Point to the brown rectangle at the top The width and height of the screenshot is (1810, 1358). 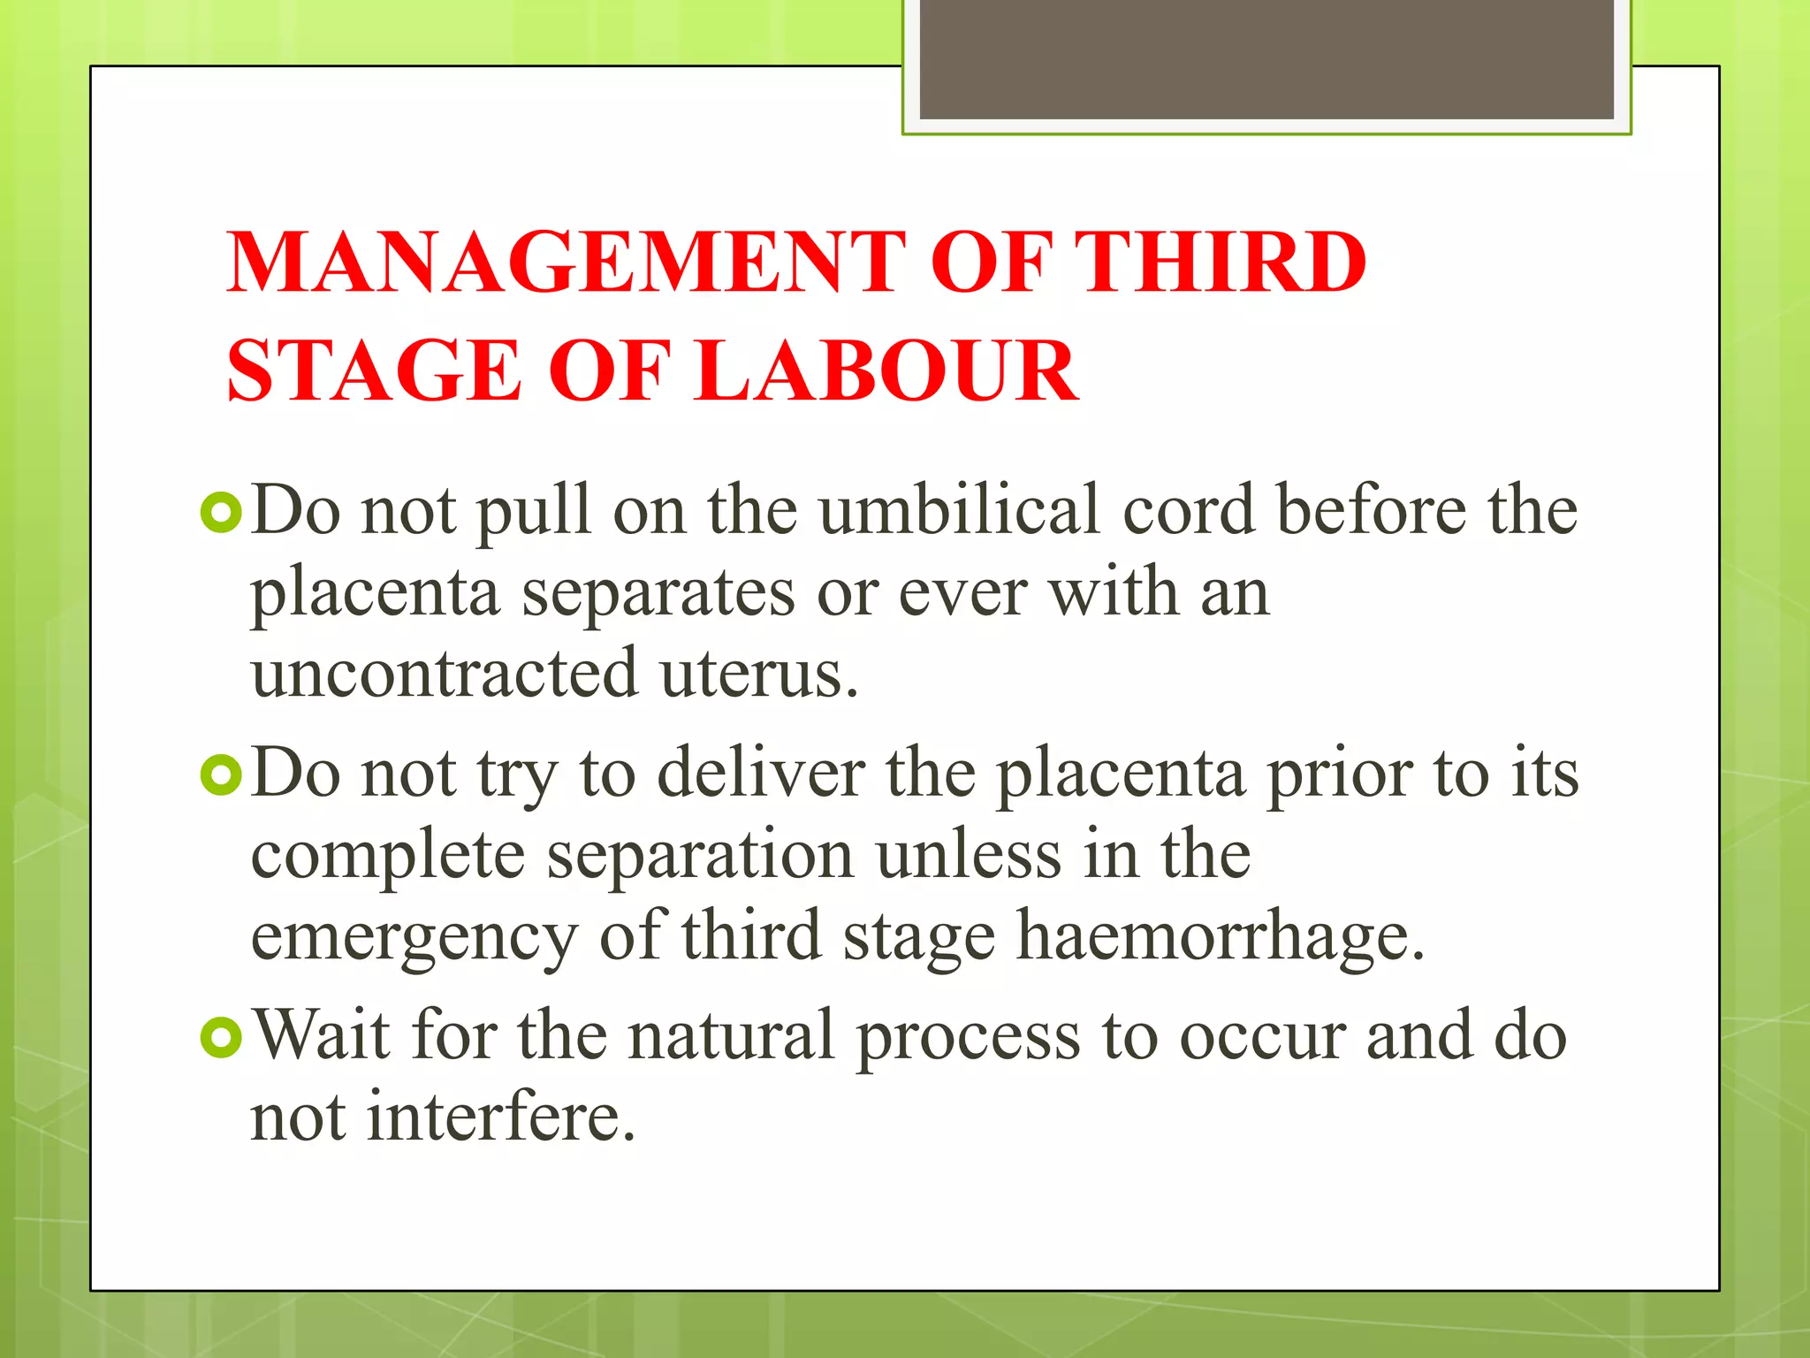point(1266,58)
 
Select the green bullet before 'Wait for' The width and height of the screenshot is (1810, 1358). point(221,1037)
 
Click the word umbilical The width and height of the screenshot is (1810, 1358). point(960,511)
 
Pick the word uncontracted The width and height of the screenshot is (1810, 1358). point(445,674)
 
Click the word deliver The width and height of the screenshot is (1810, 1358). point(761,774)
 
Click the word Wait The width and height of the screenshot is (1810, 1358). point(322,1035)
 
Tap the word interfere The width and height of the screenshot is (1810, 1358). point(501,1118)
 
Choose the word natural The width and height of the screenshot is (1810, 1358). point(731,1035)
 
